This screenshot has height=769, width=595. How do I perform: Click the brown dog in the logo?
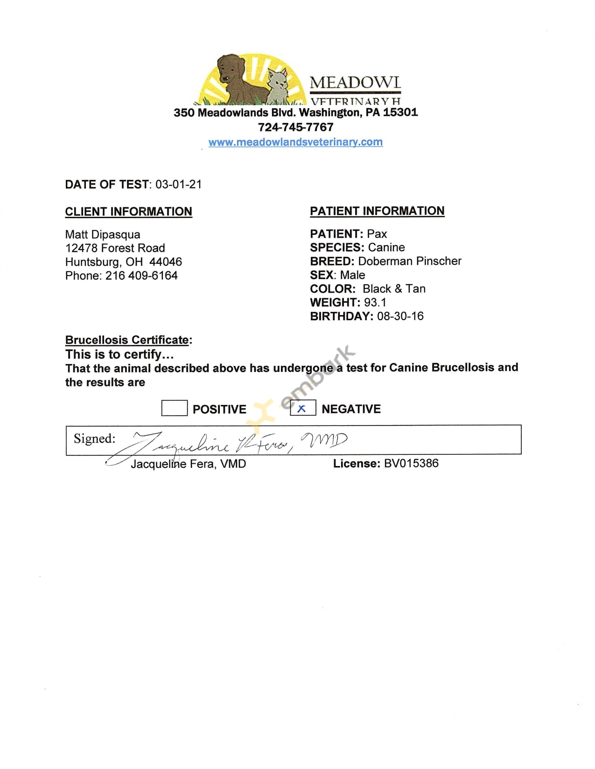point(236,77)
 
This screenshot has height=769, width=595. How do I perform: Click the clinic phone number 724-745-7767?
point(296,127)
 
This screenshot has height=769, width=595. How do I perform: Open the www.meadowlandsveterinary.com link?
point(295,142)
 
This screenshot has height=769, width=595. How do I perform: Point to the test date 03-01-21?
point(179,185)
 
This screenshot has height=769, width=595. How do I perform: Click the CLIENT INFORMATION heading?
point(128,212)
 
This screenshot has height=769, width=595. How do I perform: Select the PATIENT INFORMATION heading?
point(377,211)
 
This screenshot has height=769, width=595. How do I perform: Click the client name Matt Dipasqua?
point(103,234)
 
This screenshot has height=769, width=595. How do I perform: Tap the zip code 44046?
point(166,262)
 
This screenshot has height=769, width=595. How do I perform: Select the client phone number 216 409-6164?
point(141,276)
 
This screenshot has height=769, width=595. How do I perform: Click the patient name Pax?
point(377,234)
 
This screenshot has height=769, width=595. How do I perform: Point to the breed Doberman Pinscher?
point(410,261)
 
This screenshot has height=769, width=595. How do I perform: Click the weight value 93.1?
point(375,302)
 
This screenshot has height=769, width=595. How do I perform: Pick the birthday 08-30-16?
point(400,316)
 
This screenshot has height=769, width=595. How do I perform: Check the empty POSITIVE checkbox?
point(174,408)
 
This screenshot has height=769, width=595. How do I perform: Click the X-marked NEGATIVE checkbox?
point(303,408)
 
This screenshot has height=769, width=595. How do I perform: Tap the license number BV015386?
point(411,463)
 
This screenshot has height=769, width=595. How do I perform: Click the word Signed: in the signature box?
point(95,439)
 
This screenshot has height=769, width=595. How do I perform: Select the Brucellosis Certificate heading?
point(127,340)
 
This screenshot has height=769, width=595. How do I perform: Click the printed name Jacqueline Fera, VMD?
point(188,464)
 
